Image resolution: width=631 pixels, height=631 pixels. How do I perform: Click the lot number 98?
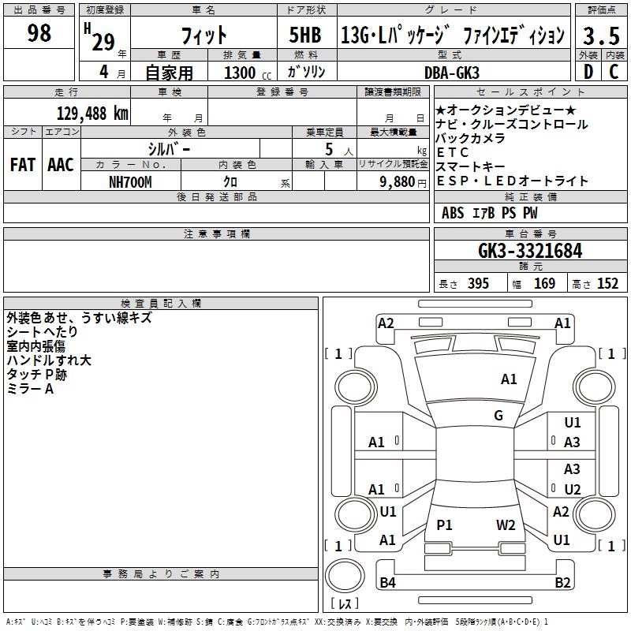tap(39, 33)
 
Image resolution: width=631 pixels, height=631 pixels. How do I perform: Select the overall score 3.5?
tap(600, 35)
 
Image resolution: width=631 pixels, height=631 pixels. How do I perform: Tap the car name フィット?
tap(204, 35)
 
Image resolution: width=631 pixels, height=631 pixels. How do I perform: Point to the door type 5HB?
tap(305, 35)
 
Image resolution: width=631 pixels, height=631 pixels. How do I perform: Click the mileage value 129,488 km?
tap(92, 113)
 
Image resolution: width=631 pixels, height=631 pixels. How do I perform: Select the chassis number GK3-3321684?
tap(530, 251)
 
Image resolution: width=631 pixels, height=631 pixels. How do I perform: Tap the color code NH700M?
tap(130, 181)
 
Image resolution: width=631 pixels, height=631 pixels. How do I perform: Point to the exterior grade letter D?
tap(588, 72)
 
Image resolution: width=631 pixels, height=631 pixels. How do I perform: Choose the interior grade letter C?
tap(614, 72)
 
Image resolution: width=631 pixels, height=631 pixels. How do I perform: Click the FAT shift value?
tap(22, 165)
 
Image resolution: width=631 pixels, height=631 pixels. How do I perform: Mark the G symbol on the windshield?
tap(498, 416)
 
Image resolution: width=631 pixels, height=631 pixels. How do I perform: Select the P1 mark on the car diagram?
tap(445, 525)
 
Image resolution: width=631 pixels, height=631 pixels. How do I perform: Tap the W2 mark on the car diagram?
tap(506, 525)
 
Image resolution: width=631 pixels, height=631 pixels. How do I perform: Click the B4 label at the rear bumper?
tap(387, 583)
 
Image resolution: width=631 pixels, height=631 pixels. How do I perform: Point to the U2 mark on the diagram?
tap(572, 490)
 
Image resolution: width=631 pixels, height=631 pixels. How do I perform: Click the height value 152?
tap(607, 284)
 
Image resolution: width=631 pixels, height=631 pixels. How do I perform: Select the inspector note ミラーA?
tap(30, 389)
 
